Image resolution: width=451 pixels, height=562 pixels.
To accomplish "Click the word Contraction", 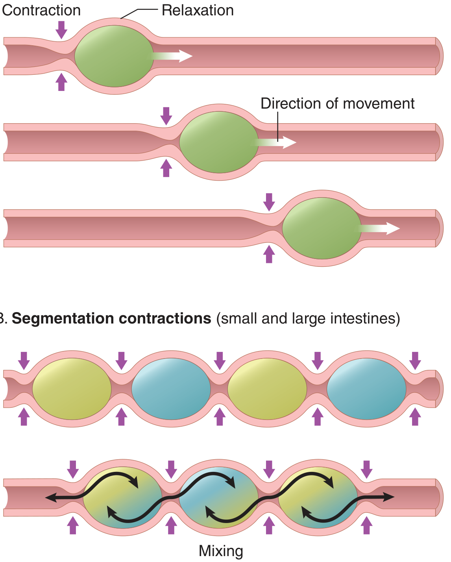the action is tap(41, 11).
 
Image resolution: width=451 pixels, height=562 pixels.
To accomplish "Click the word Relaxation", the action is tap(198, 11).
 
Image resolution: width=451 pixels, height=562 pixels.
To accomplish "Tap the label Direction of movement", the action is tap(337, 104).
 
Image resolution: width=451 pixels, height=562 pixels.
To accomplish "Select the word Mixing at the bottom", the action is tap(221, 551).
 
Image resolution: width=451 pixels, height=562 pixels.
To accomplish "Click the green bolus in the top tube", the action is tap(114, 56).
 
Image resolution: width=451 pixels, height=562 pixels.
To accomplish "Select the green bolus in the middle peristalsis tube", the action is tap(219, 142).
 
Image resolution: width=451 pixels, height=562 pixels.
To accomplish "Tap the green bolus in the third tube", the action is tap(322, 228).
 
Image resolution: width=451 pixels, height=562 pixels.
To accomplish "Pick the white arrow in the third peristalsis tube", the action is tap(377, 229).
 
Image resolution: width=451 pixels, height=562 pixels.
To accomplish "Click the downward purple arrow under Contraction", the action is tap(61, 30).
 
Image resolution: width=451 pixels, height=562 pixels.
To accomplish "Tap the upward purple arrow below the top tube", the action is tap(61, 82).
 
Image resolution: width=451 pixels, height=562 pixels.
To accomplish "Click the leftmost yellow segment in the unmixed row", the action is tap(72, 389).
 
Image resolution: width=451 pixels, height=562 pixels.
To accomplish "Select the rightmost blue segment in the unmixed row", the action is tap(366, 389).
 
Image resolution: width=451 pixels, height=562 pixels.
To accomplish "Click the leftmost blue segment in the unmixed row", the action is tap(171, 389).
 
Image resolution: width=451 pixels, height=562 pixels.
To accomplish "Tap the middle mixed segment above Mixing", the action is tap(219, 497).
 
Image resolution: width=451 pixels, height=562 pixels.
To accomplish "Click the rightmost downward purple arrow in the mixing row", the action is tap(366, 470).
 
